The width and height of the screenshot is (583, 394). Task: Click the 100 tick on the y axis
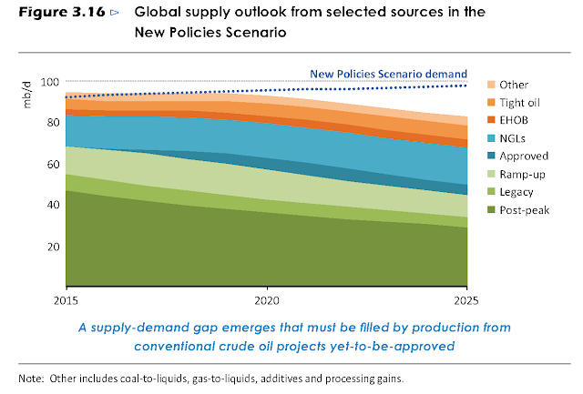tap(49, 82)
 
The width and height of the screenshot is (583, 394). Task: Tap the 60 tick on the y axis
tap(52, 165)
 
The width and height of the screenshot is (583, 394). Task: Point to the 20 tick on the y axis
tap(52, 247)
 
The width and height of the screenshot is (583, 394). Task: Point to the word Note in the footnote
tap(31, 377)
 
